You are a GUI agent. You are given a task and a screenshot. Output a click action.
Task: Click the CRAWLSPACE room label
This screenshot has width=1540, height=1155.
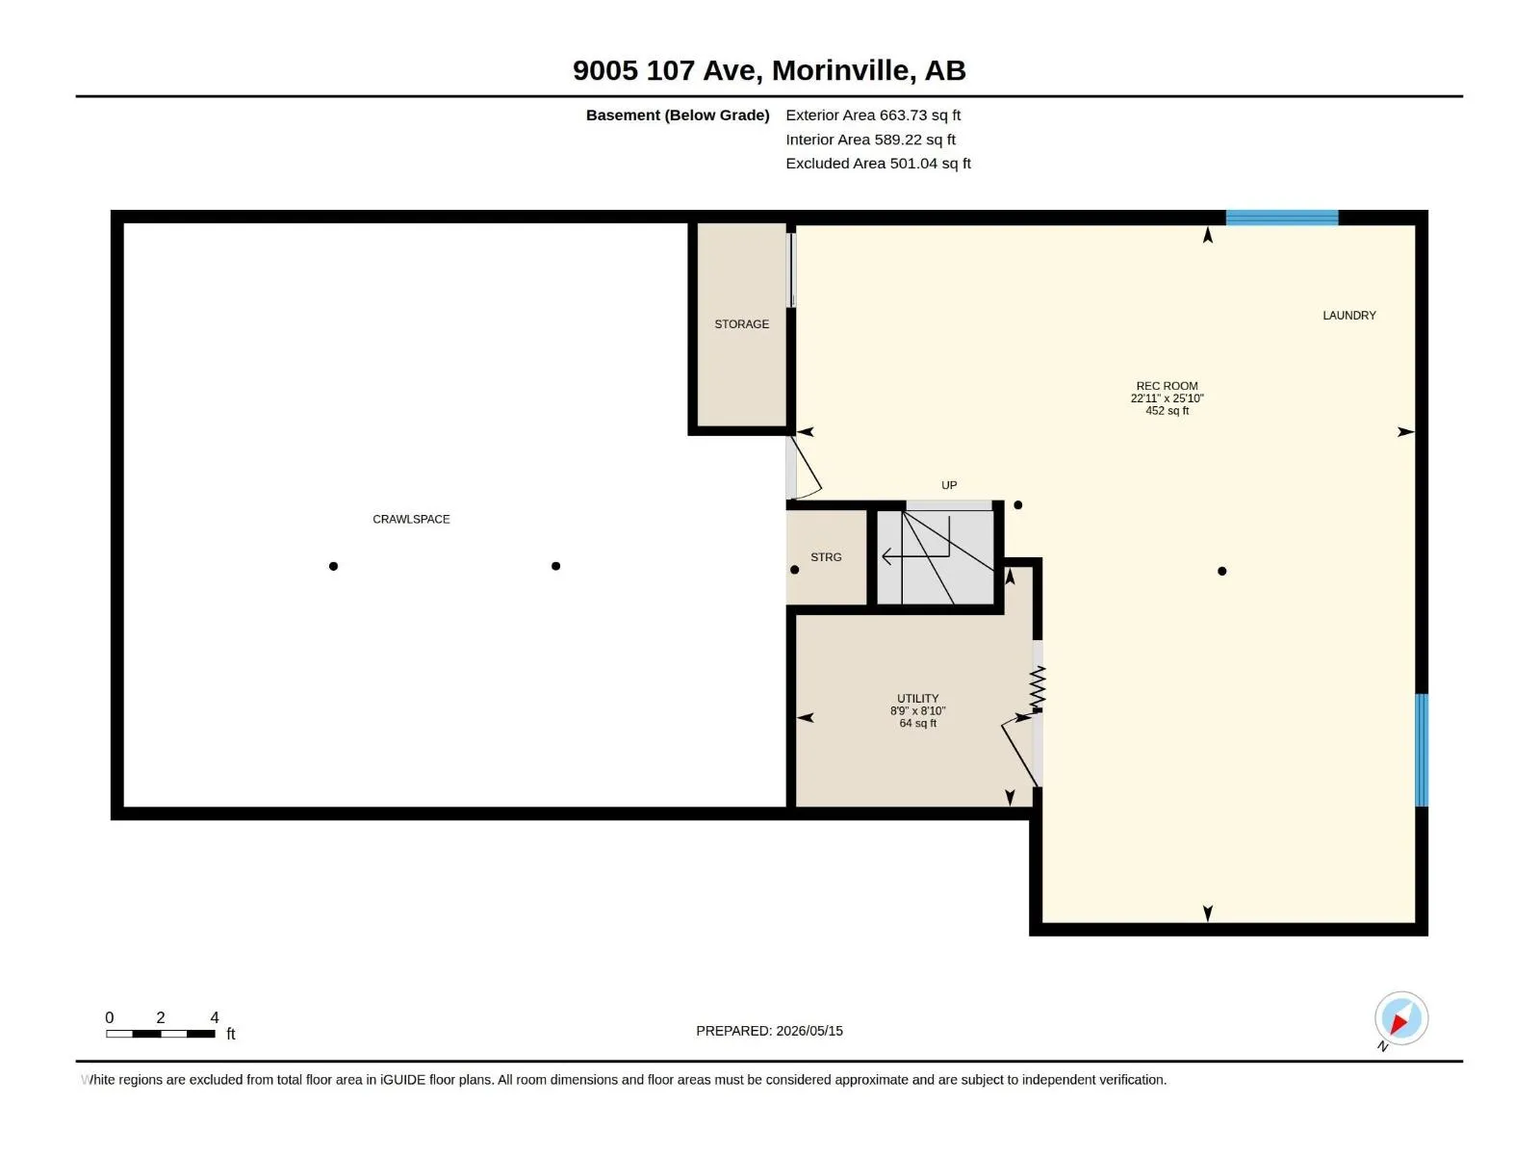pyautogui.click(x=411, y=520)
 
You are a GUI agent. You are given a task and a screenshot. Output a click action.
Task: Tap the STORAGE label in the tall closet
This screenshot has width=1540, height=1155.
pyautogui.click(x=741, y=324)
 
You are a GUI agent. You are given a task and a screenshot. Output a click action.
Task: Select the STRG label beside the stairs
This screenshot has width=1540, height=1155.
pyautogui.click(x=826, y=557)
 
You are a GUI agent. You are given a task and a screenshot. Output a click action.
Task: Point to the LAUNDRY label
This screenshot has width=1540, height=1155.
pyautogui.click(x=1349, y=316)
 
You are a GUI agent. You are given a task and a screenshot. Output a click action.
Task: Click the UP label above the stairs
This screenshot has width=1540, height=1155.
pyautogui.click(x=949, y=485)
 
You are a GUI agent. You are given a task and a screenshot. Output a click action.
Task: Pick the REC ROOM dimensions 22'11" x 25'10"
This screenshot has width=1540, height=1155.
pyautogui.click(x=1167, y=398)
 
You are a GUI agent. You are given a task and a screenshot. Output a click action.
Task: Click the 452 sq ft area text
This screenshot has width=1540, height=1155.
pyautogui.click(x=1167, y=411)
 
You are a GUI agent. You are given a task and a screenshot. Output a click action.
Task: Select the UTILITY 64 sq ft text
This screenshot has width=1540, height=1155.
pyautogui.click(x=917, y=723)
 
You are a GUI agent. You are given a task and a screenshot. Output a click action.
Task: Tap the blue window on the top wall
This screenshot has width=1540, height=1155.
pyautogui.click(x=1282, y=218)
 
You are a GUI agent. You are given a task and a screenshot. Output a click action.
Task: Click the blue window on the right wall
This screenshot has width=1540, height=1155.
pyautogui.click(x=1422, y=750)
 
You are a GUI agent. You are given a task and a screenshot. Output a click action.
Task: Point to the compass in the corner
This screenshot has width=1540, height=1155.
pyautogui.click(x=1400, y=1017)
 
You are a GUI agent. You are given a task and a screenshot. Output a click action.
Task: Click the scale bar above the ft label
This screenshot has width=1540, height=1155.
pyautogui.click(x=161, y=1034)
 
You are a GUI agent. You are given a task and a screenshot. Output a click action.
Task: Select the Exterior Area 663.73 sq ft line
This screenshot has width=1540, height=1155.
pyautogui.click(x=873, y=115)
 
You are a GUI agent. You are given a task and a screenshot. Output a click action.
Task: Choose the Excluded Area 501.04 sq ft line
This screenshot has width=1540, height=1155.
pyautogui.click(x=878, y=164)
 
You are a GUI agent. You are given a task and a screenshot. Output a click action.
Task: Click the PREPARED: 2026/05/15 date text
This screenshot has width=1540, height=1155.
pyautogui.click(x=769, y=1031)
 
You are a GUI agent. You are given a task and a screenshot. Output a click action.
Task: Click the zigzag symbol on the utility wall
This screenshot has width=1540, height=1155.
pyautogui.click(x=1038, y=687)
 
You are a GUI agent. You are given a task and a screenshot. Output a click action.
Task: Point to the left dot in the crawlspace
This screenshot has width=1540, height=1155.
pyautogui.click(x=333, y=566)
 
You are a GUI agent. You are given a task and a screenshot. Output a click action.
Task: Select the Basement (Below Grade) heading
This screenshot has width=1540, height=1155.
pyautogui.click(x=678, y=115)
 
